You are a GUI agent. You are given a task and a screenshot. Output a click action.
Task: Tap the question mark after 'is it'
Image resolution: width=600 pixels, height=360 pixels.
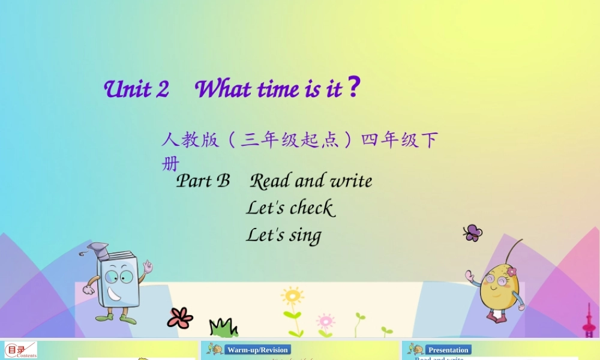(354, 88)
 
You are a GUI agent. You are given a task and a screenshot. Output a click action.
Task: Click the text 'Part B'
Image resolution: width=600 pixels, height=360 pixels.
(203, 181)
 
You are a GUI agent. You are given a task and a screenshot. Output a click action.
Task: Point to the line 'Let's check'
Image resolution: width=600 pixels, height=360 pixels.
(290, 208)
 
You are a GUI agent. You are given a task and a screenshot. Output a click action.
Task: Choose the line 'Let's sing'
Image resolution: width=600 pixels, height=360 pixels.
(283, 235)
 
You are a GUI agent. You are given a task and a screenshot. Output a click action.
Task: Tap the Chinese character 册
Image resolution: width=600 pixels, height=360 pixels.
(170, 163)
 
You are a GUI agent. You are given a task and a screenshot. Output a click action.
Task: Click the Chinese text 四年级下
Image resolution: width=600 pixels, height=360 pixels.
(399, 140)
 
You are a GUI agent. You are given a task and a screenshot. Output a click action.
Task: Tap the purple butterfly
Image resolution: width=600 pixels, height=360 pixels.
(473, 233)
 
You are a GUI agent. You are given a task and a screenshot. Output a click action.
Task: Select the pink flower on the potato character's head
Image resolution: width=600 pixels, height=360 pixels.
(511, 272)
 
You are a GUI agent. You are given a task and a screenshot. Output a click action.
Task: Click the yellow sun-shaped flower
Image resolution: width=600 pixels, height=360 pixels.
(292, 296)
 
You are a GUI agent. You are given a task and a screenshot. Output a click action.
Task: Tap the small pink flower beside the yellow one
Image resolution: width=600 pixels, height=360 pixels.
(325, 320)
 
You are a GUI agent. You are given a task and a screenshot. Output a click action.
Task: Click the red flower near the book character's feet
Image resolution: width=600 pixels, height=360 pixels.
(180, 317)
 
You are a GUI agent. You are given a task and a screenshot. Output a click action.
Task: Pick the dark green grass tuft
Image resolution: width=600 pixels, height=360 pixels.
(223, 328)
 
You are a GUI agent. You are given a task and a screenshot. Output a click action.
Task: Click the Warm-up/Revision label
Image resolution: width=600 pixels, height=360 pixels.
(258, 350)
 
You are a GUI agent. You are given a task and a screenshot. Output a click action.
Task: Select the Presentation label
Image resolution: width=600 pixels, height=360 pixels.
(448, 350)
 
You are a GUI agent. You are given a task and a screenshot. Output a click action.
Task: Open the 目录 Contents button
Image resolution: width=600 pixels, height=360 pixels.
(20, 350)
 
